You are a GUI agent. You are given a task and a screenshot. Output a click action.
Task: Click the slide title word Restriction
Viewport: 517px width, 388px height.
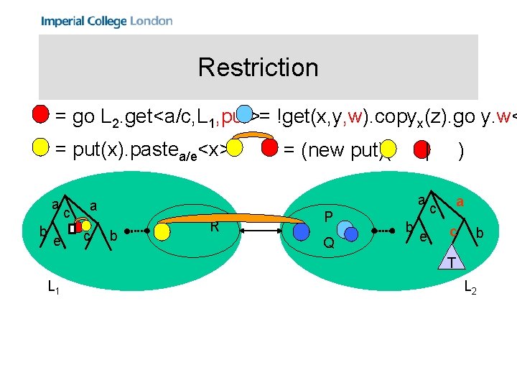coord(258,68)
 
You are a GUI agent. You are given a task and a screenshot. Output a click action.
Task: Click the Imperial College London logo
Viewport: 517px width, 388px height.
coord(106,21)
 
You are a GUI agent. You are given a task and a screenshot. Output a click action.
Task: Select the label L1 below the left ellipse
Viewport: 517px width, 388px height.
coord(53,287)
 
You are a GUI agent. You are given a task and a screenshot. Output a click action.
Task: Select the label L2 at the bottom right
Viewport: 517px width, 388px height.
coord(470,287)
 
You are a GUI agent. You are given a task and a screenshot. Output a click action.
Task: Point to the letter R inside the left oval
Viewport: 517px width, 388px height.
coord(214,227)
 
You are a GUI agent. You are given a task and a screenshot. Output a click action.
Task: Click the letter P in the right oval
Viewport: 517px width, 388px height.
coord(328,216)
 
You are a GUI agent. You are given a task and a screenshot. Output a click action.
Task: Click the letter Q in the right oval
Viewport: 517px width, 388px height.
coord(328,243)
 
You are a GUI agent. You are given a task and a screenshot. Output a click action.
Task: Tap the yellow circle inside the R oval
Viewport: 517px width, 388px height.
coord(164,231)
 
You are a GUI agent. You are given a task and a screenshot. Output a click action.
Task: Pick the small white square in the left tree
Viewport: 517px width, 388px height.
coord(72,228)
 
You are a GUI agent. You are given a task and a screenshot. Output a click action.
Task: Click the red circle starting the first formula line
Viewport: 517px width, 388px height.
coord(41,114)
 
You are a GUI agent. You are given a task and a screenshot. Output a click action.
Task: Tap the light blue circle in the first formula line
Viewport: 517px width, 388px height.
coord(246,114)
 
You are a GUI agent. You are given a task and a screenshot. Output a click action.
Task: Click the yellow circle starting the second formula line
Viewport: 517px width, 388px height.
coord(41,148)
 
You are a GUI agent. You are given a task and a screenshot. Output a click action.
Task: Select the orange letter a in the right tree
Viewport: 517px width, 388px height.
coord(459,203)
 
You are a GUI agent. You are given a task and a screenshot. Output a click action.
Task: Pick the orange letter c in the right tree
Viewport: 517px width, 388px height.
coord(452,232)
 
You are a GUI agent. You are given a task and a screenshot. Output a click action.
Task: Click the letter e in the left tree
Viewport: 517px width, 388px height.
coord(56,241)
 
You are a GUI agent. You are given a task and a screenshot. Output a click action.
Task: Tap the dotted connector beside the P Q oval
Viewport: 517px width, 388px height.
coord(382,231)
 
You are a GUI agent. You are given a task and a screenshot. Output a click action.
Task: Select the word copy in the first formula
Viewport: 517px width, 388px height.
coord(388,114)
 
